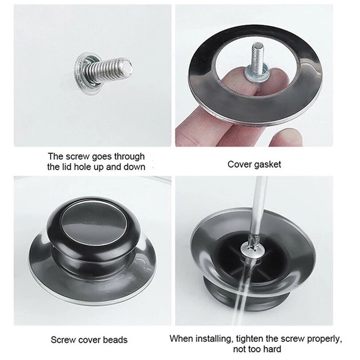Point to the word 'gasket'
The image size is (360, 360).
[x=267, y=165]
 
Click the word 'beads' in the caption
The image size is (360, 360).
[x=115, y=340]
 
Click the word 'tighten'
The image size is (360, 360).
[x=249, y=339]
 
